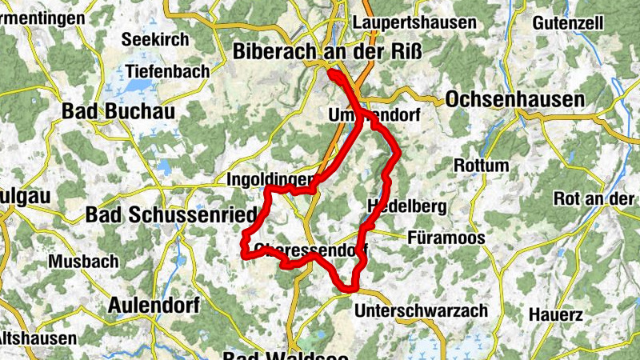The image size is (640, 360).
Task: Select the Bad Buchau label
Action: (118, 113)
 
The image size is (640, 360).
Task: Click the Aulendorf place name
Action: (151, 305)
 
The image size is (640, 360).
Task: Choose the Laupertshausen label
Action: (418, 22)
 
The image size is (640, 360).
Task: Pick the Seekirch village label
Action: (155, 39)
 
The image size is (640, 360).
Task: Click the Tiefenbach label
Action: (167, 70)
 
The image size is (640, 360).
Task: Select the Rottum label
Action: (480, 166)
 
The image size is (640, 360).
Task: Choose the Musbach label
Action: (83, 261)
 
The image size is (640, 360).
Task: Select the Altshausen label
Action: (38, 338)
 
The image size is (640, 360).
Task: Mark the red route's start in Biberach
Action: (330, 74)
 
